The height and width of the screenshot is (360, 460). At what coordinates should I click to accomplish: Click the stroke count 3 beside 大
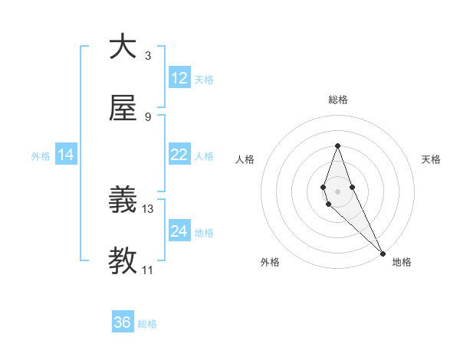148,55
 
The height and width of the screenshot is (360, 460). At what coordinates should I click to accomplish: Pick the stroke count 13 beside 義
148,208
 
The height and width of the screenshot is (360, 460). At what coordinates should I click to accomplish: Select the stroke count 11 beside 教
148,270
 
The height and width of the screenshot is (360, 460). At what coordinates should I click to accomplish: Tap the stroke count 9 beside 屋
148,116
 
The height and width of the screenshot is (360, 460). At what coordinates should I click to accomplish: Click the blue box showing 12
179,78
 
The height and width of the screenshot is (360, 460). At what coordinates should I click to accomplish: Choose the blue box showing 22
179,155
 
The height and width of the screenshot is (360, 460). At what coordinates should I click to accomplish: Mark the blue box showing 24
179,231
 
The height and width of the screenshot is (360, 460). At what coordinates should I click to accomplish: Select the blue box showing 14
66,155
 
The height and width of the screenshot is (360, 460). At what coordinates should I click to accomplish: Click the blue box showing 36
123,322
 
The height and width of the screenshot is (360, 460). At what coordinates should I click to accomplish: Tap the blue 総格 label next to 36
147,324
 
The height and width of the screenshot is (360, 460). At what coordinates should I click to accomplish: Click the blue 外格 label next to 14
41,156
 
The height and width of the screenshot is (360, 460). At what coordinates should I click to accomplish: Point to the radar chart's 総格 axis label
337,100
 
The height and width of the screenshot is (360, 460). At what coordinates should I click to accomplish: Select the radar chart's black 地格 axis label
402,262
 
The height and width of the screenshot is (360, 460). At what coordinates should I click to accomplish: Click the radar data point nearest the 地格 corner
382,252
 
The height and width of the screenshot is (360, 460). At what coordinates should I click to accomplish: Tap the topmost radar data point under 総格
337,146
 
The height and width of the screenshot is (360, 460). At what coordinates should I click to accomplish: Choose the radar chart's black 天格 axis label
431,159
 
